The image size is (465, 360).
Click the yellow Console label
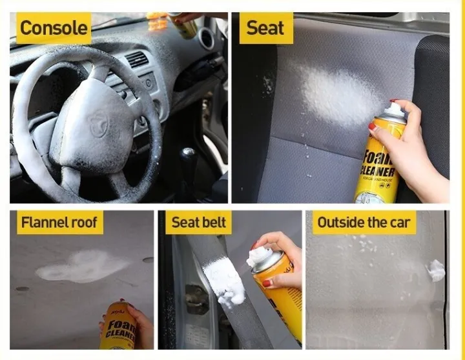tap(54, 28)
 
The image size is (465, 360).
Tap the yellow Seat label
tap(265, 28)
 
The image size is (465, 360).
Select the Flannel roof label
tap(59, 223)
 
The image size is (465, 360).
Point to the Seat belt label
tap(199, 223)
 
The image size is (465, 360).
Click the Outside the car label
tap(364, 223)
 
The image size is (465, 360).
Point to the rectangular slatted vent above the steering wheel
tap(136, 60)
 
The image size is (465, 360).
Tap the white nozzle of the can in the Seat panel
tap(395, 111)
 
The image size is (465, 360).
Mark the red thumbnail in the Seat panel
tap(373, 127)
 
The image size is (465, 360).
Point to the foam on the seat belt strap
tap(224, 281)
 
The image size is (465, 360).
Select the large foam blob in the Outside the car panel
tap(437, 270)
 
